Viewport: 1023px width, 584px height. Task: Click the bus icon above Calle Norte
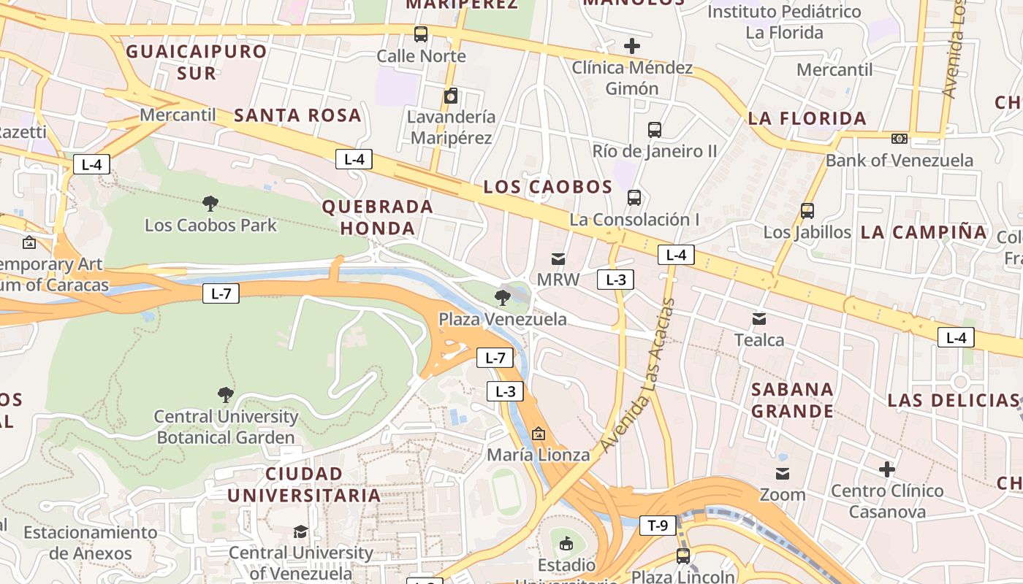click(x=421, y=34)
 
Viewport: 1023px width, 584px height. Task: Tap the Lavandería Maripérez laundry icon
click(x=451, y=96)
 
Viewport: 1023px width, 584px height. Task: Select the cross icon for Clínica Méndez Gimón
click(x=632, y=46)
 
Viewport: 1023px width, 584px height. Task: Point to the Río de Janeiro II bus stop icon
click(x=655, y=130)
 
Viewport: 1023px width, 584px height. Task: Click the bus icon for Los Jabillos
click(x=807, y=211)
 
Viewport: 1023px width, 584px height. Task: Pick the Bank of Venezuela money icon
click(x=900, y=139)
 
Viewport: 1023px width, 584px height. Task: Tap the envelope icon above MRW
click(x=558, y=258)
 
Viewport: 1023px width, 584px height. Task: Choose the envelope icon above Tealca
click(x=759, y=318)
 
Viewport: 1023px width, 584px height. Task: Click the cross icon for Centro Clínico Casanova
click(x=887, y=469)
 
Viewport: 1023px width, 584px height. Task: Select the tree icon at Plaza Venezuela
click(x=502, y=297)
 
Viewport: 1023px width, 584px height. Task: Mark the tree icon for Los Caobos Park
click(x=210, y=203)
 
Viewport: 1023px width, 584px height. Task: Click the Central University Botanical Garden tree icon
click(x=226, y=395)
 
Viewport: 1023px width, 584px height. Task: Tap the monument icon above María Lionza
click(x=539, y=434)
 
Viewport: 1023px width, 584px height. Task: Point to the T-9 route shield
click(x=658, y=525)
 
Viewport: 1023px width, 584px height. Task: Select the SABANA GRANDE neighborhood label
click(x=793, y=400)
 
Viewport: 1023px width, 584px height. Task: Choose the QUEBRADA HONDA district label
click(x=378, y=218)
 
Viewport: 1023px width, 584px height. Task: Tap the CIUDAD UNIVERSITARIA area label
click(x=304, y=485)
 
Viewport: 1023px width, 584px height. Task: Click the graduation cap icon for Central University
click(x=300, y=531)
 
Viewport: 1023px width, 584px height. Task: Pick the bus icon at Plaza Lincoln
click(x=683, y=556)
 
